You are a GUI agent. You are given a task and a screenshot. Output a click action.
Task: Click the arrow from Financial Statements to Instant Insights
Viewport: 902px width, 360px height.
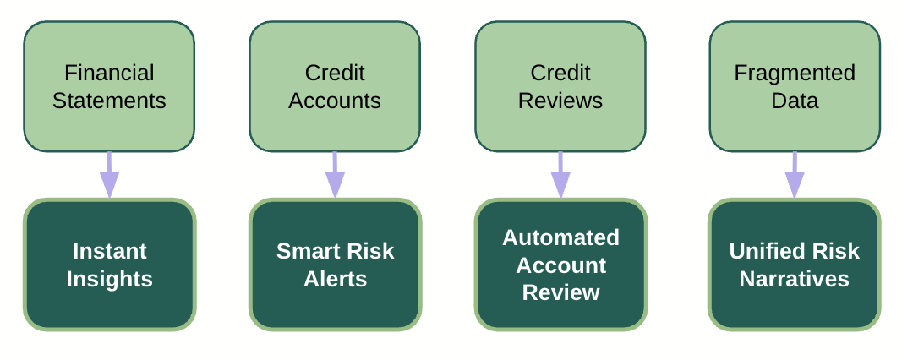click(x=109, y=176)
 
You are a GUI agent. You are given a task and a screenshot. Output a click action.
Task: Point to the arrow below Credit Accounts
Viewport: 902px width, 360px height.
click(x=335, y=176)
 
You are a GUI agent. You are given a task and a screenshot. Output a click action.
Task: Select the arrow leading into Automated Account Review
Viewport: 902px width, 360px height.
click(x=560, y=176)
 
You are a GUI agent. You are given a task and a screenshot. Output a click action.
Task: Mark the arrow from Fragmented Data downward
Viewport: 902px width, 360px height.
click(x=795, y=176)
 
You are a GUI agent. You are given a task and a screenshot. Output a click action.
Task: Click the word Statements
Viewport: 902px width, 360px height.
click(x=109, y=101)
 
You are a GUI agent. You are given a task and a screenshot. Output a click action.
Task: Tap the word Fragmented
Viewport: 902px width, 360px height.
click(x=795, y=73)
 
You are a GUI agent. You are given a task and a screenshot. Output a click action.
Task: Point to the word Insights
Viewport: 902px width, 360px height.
click(x=110, y=280)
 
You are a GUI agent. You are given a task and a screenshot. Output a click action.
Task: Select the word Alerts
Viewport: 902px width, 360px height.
click(x=335, y=280)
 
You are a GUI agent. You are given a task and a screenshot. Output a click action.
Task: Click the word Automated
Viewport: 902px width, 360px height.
click(x=561, y=237)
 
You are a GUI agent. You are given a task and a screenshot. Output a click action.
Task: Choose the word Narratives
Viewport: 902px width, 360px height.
click(x=795, y=280)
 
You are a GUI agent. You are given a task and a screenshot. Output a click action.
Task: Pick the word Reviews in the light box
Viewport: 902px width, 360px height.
click(x=560, y=101)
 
